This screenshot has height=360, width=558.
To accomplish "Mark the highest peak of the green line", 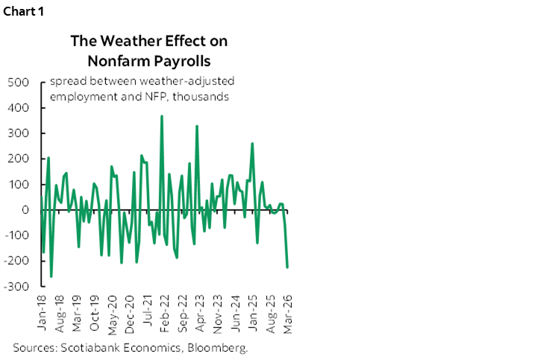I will coord(162,116).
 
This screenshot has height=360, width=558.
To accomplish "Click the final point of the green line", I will coord(288,267).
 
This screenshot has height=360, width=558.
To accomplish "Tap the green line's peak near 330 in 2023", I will coord(197,126).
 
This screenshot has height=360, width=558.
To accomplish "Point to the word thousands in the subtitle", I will coord(201,96).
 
